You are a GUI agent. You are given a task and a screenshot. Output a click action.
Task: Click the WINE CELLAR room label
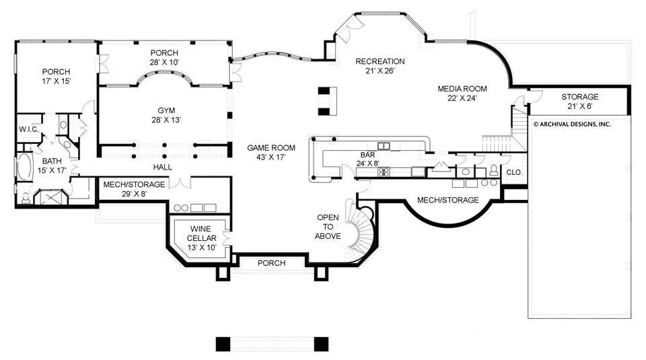click(x=201, y=238)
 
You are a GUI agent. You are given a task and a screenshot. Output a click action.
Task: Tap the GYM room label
click(x=166, y=115)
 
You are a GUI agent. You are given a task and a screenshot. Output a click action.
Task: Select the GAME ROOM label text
click(x=271, y=152)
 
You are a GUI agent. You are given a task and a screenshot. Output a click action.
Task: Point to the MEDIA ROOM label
click(x=462, y=93)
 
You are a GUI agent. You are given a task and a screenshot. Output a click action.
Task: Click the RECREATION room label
click(x=380, y=66)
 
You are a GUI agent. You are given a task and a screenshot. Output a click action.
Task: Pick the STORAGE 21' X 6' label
click(x=579, y=102)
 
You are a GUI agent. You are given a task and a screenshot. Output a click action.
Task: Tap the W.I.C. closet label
click(x=28, y=129)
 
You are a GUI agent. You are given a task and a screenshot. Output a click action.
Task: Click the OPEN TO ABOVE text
click(x=328, y=227)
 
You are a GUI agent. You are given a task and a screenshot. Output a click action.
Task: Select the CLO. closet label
click(x=513, y=172)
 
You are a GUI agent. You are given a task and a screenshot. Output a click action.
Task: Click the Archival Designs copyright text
click(x=572, y=124)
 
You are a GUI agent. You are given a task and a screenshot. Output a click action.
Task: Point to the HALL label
click(x=163, y=168)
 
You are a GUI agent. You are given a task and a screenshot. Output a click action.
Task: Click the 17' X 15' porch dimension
click(x=56, y=81)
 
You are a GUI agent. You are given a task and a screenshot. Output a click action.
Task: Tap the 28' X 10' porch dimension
click(x=164, y=62)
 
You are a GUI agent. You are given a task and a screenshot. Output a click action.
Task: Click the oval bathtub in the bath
click(x=25, y=166)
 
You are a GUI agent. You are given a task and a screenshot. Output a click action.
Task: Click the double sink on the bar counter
click(x=384, y=146)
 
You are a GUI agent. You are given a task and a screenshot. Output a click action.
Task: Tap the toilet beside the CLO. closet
click(x=493, y=170)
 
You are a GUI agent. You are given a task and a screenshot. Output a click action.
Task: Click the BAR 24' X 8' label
click(x=367, y=159)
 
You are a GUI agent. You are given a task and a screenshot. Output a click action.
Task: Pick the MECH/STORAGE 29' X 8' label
click(x=135, y=189)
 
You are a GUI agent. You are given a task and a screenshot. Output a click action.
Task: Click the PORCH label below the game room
click(x=271, y=263)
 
